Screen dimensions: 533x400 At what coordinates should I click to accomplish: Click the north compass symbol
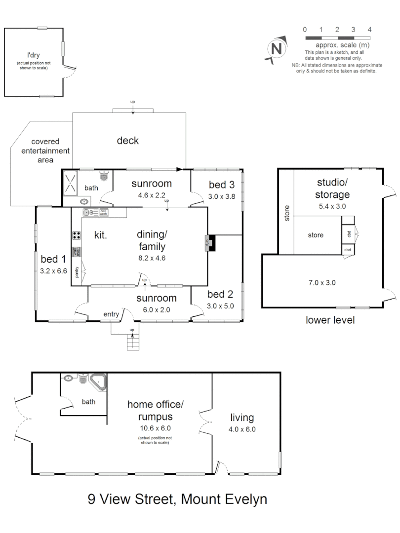[x=277, y=49]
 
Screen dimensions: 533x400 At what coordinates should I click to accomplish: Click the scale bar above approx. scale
[x=338, y=38]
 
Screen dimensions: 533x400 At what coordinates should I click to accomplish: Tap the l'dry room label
[x=33, y=55]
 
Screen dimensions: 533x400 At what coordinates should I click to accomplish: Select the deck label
[x=127, y=141]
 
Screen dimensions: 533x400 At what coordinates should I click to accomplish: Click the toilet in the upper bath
[x=104, y=176]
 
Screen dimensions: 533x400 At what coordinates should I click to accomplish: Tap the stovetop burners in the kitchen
[x=77, y=235]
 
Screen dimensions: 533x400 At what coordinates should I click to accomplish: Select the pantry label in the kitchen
[x=78, y=272]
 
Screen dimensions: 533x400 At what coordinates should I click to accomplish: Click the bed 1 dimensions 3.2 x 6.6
[x=53, y=270]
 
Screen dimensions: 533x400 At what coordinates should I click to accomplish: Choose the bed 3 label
[x=221, y=185]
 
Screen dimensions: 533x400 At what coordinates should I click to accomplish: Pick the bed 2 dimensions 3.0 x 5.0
[x=220, y=305]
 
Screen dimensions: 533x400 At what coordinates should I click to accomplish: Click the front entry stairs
[x=132, y=342]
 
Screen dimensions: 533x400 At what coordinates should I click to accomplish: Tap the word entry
[x=112, y=314]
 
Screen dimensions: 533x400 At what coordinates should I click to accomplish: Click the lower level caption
[x=330, y=320]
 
